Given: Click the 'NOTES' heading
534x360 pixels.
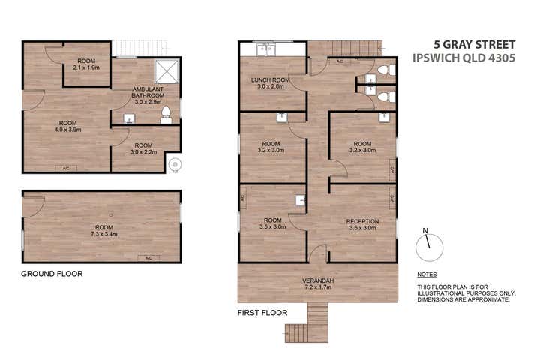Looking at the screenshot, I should (427, 274).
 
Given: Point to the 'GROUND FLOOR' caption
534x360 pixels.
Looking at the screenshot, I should (52, 274).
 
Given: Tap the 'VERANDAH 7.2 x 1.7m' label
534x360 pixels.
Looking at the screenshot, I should (318, 285).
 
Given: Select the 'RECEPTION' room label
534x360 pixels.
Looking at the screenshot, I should (361, 225).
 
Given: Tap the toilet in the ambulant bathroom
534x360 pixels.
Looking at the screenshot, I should (166, 114).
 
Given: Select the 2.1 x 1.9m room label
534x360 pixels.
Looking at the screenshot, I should (87, 64).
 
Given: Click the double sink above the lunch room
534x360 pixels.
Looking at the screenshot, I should (265, 49).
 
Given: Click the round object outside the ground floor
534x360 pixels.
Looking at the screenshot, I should (176, 164).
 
